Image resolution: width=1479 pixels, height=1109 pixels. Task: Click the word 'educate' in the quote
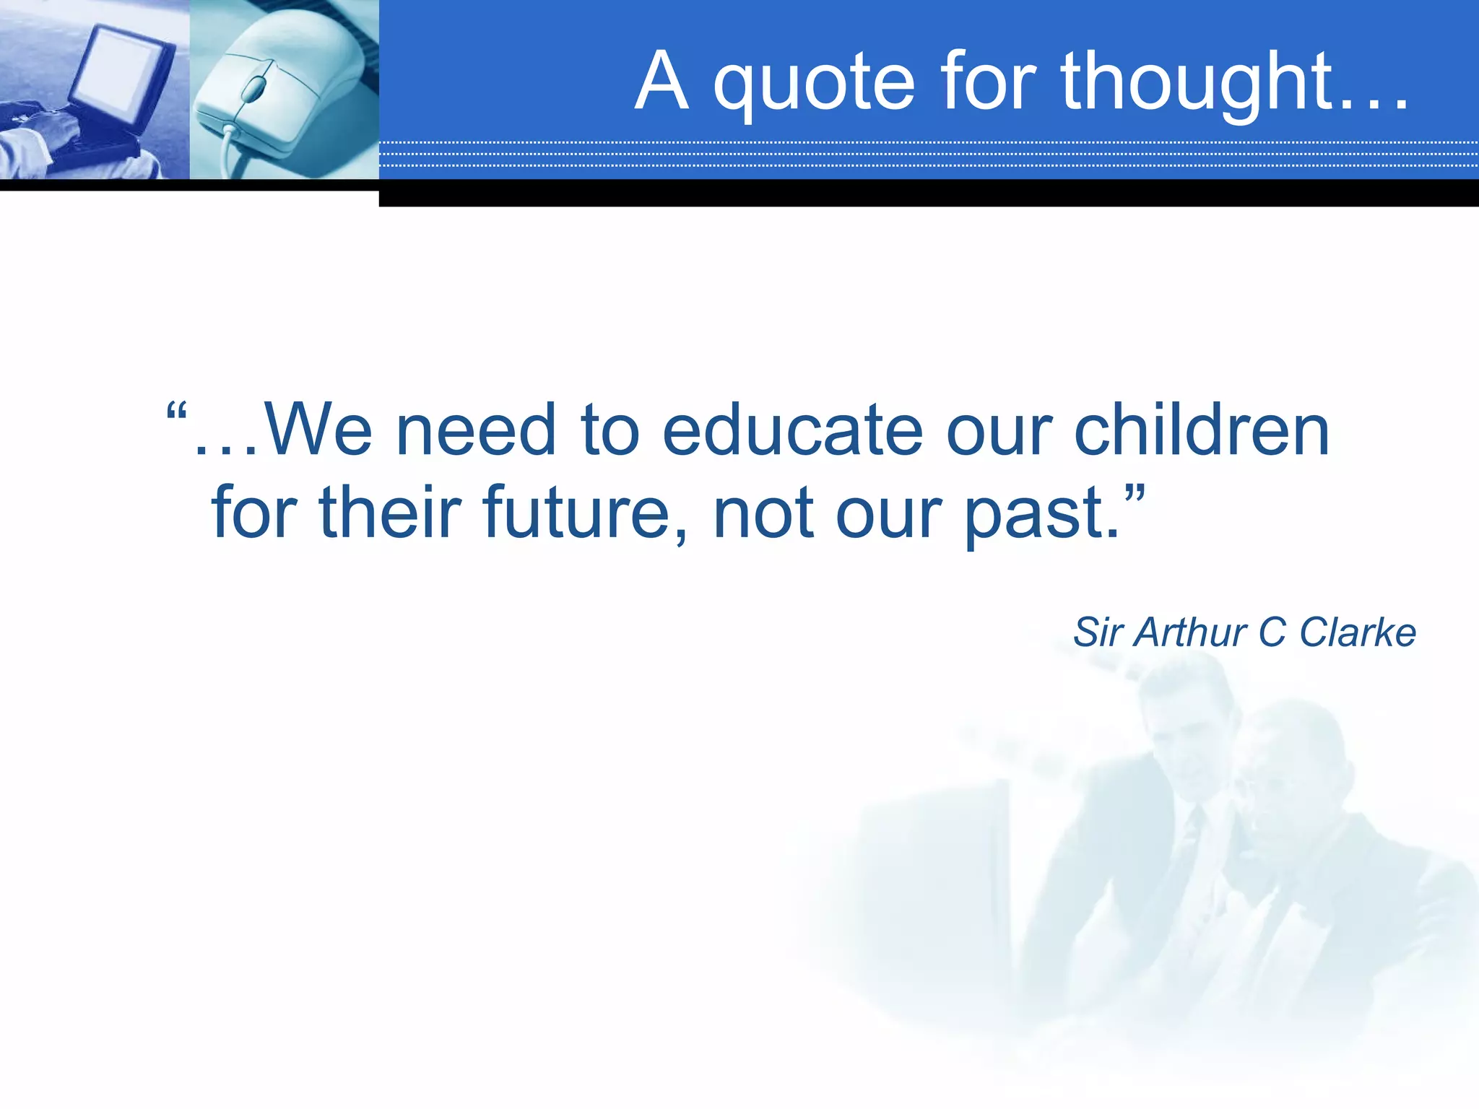[792, 431]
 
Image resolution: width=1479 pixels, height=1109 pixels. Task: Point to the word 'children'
[1202, 431]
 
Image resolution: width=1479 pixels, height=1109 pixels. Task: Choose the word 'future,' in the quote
[585, 513]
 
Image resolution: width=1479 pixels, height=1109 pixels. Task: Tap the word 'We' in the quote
[318, 431]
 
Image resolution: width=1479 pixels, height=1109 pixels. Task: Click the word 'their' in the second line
[390, 513]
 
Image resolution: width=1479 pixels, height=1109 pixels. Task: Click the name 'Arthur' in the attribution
[1189, 632]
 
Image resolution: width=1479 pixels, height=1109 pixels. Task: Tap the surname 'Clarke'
[1357, 632]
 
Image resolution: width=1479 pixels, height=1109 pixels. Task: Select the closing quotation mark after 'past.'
[1135, 495]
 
